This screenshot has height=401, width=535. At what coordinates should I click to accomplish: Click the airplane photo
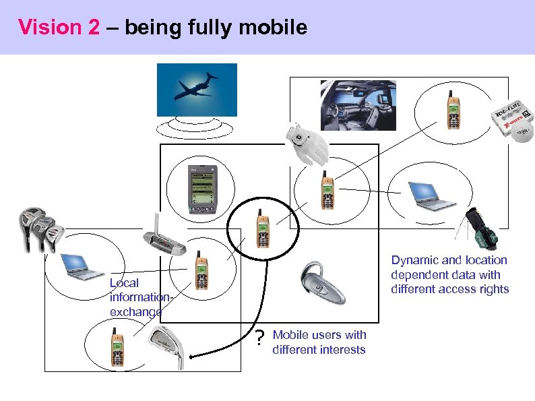coord(197,90)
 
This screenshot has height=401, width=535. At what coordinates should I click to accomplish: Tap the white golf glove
coord(307,144)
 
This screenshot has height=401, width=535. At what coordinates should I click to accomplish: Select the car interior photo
coord(358,105)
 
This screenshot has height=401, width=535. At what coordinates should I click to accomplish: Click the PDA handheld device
coord(200,191)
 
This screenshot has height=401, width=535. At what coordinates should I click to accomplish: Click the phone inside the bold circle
coord(262,229)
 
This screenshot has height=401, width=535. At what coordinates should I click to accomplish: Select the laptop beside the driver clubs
coord(80,266)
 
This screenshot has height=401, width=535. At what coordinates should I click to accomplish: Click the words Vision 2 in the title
coord(59,28)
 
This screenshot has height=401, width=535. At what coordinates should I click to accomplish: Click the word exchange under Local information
coord(135,312)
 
